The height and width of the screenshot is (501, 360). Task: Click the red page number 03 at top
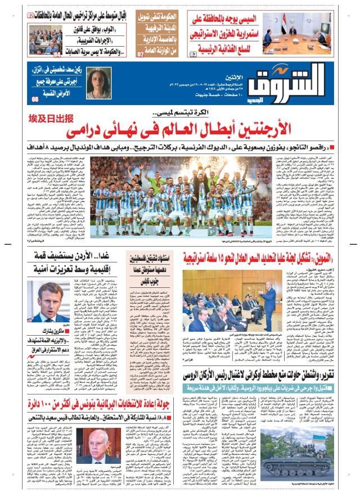[192, 53]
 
